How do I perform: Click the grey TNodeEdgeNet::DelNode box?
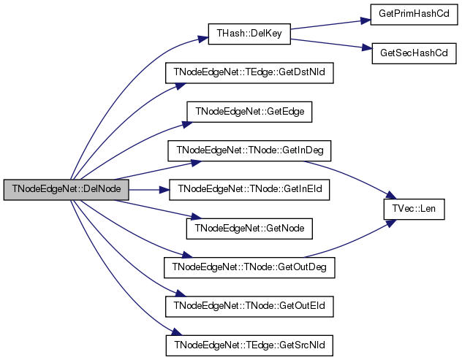pyautogui.click(x=67, y=190)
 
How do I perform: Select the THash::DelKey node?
pyautogui.click(x=249, y=34)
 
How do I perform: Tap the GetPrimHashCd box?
pyautogui.click(x=414, y=15)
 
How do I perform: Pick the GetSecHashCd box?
pyautogui.click(x=414, y=53)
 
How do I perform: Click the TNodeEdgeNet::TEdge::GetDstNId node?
pyautogui.click(x=249, y=73)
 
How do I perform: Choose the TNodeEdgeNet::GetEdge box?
pyautogui.click(x=249, y=112)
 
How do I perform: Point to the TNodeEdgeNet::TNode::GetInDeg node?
pyautogui.click(x=249, y=150)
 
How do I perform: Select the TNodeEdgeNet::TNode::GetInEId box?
pyautogui.click(x=249, y=190)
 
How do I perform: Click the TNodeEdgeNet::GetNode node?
pyautogui.click(x=249, y=229)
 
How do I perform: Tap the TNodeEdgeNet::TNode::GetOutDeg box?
pyautogui.click(x=249, y=267)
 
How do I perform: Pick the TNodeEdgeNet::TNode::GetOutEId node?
pyautogui.click(x=249, y=307)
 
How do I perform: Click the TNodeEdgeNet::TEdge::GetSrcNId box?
pyautogui.click(x=249, y=345)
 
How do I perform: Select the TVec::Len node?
pyautogui.click(x=414, y=210)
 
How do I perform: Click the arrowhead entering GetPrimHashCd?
pyautogui.click(x=366, y=20)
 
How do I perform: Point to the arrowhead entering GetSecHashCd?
pyautogui.click(x=367, y=47)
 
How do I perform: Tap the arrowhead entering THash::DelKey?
pyautogui.click(x=204, y=39)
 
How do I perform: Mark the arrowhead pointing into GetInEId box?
pyautogui.click(x=164, y=190)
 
